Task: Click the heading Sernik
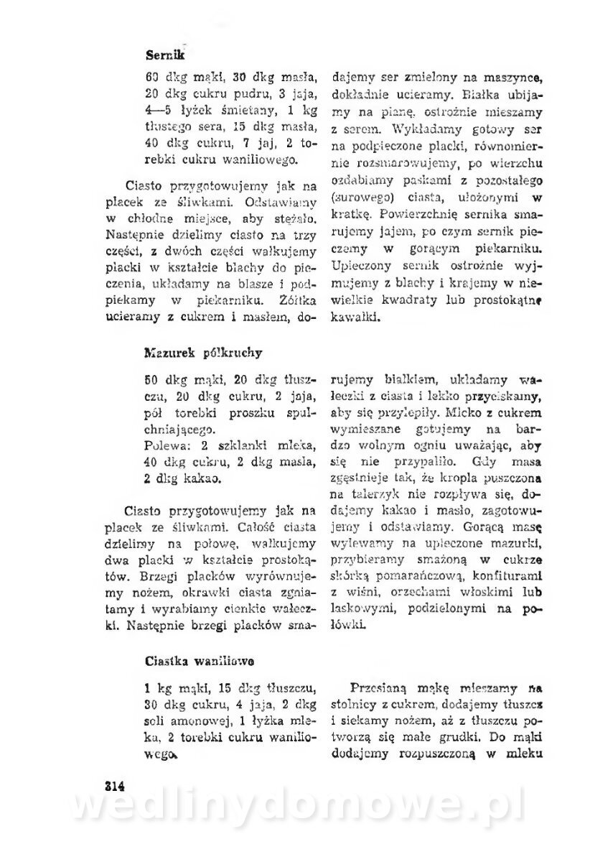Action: click(x=165, y=54)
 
